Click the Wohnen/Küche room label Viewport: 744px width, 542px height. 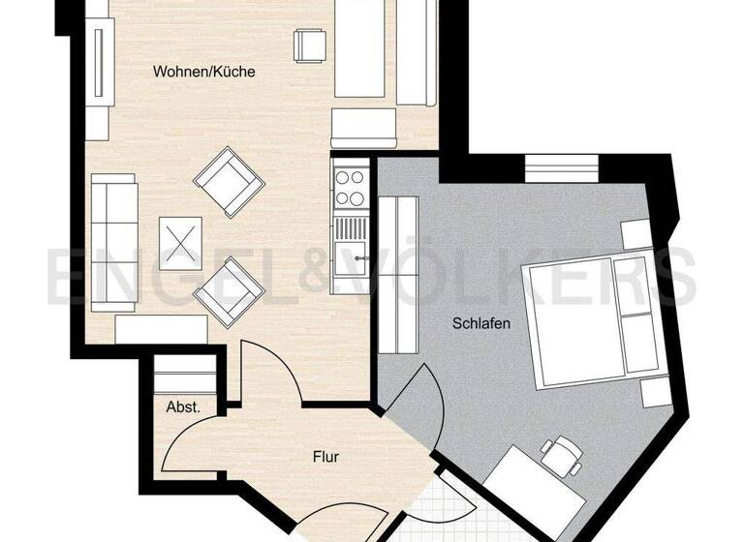point(203,72)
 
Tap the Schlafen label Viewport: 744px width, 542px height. point(480,324)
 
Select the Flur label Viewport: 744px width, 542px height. point(325,456)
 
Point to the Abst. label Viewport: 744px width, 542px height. point(183,407)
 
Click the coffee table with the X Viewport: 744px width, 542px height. point(180,242)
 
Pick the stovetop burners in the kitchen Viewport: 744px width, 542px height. point(351,188)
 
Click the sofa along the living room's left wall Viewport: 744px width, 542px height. point(114,242)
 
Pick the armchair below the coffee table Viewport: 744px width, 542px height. point(229,290)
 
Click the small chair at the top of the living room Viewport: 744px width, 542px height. point(310,45)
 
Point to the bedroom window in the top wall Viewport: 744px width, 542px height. point(562,168)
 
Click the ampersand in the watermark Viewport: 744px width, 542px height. point(316,277)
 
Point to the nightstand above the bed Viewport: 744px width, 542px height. point(635,234)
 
